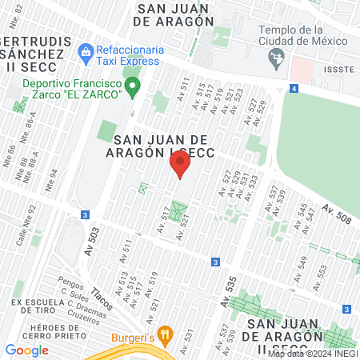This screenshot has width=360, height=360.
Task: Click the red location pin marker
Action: click(180, 166)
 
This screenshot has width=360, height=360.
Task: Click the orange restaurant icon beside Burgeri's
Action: click(165, 334)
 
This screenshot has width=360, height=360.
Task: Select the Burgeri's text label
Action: click(132, 336)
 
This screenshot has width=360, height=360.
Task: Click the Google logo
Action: click(27, 350)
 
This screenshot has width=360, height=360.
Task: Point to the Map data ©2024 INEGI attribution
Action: click(312, 354)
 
